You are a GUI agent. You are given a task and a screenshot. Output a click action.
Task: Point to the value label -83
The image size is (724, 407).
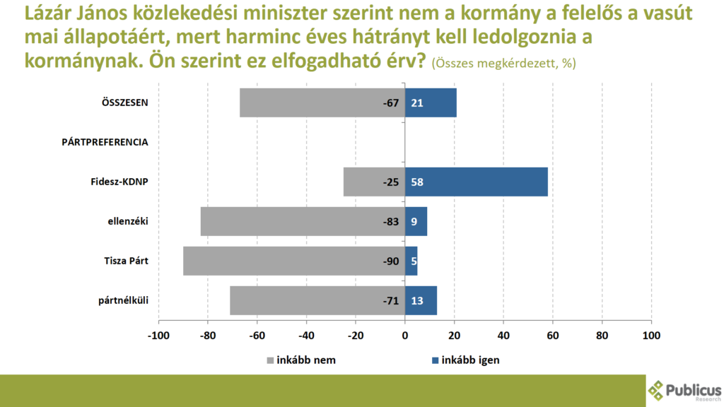[x=391, y=221]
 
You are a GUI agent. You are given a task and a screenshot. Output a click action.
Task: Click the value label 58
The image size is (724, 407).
[x=416, y=182]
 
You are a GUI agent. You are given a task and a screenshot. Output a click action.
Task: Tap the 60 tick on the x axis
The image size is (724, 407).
[x=552, y=336]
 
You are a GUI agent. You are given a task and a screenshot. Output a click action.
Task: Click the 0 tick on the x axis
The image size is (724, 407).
[x=404, y=336]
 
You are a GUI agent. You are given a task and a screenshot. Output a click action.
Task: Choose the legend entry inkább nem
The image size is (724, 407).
[x=300, y=360]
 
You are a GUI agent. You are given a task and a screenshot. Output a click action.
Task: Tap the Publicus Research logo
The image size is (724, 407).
[x=684, y=391]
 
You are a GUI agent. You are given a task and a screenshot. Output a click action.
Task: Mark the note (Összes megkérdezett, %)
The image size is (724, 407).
[x=503, y=64]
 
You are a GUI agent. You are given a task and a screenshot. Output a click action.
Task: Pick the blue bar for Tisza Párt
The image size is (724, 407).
[x=411, y=261]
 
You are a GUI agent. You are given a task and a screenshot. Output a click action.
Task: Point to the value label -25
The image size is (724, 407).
[x=391, y=182]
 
